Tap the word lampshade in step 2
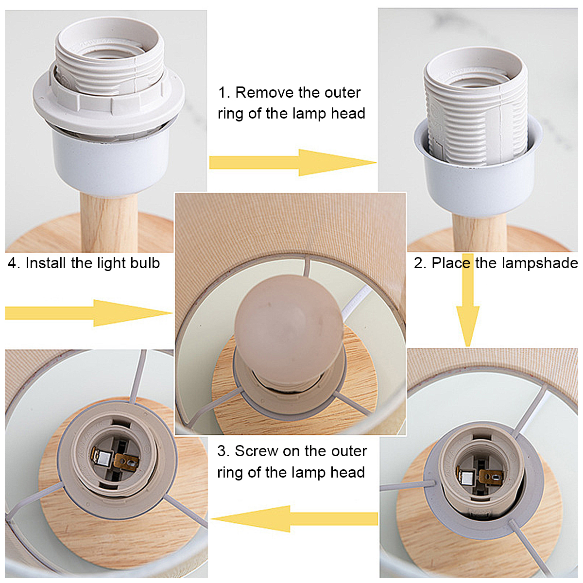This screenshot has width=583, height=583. tap(540, 263)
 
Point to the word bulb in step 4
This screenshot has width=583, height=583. tap(145, 263)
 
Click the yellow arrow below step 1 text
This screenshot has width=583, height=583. tap(292, 162)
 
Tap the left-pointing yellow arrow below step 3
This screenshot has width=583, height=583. tap(294, 518)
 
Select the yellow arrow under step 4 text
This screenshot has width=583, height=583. tap(88, 313)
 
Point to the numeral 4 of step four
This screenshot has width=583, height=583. tap(13, 263)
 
